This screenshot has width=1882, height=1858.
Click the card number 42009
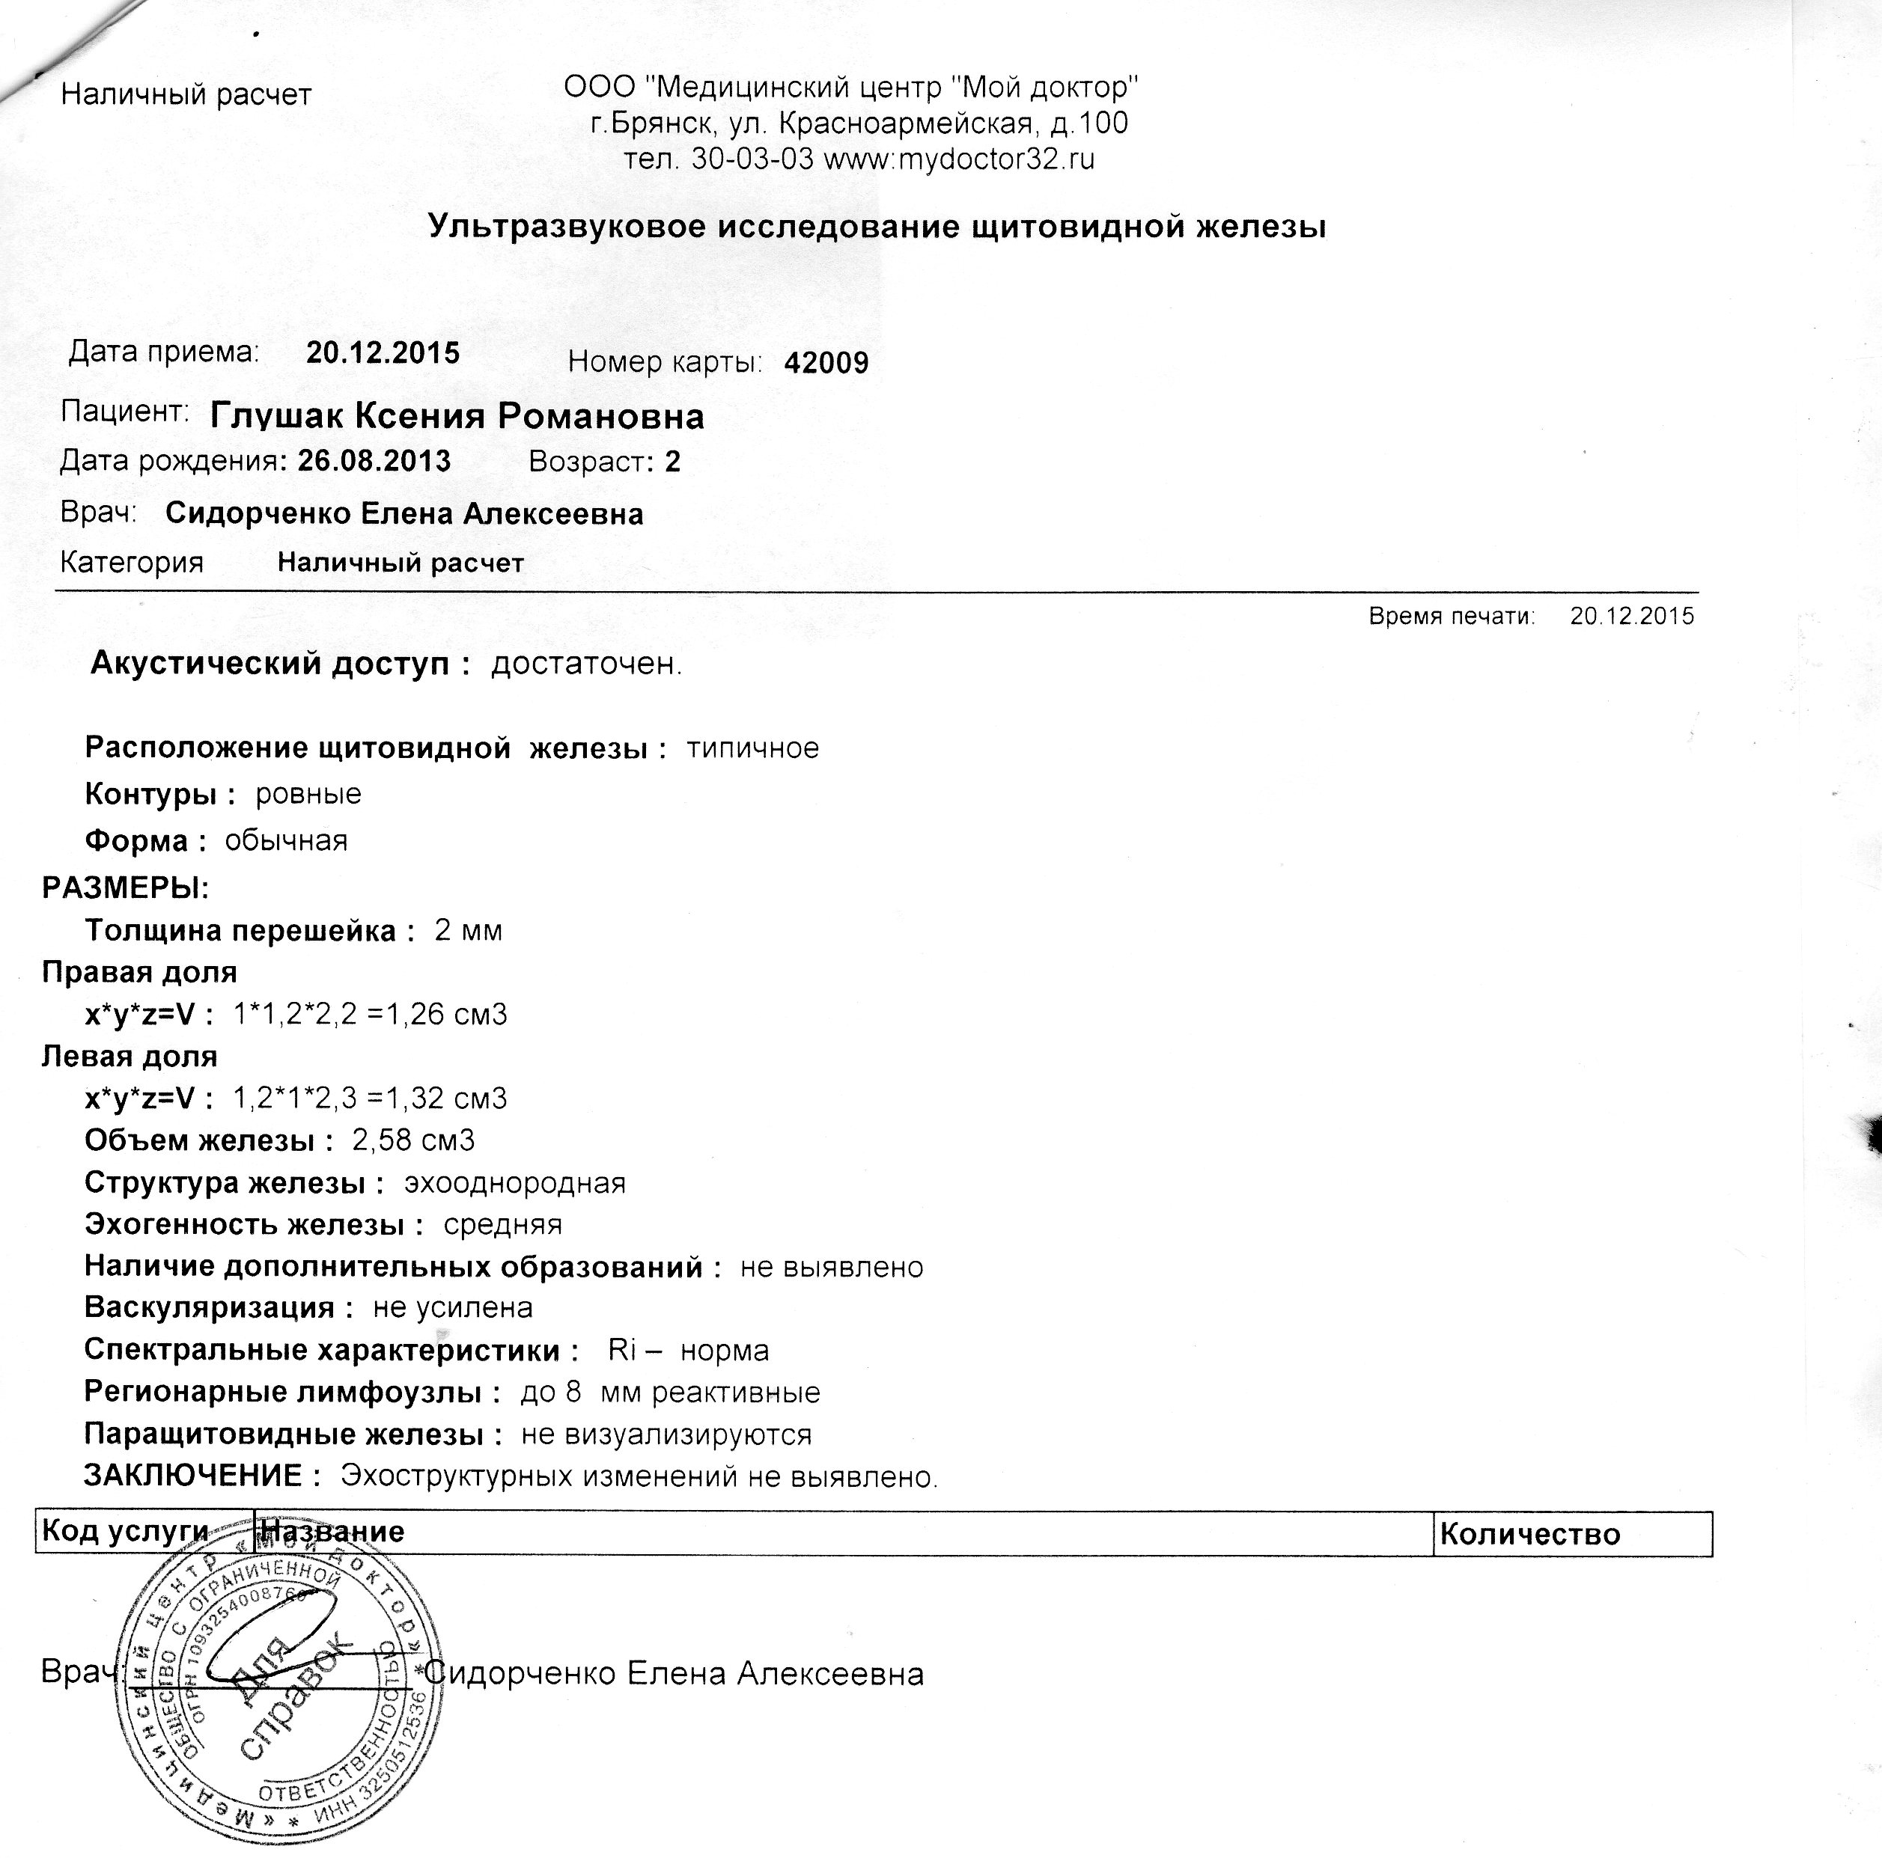coord(826,363)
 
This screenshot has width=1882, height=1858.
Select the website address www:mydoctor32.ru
coord(960,159)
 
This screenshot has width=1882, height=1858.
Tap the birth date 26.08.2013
coord(374,461)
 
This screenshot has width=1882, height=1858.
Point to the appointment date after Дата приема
coord(383,352)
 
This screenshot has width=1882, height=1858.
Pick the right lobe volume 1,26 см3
coord(447,1015)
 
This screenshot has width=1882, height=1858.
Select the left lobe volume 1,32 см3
coord(447,1098)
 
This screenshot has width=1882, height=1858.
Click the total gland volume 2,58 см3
coord(414,1140)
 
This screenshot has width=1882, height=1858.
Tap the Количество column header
coord(1529,1535)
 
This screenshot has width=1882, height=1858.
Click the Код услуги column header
coord(125,1532)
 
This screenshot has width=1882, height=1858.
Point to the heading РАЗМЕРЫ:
coord(126,888)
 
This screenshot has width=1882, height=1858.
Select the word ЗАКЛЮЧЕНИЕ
coord(193,1476)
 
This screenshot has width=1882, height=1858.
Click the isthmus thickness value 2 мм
coord(469,931)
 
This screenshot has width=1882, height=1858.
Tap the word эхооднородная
coord(514,1183)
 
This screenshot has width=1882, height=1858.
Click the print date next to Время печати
coord(1632,617)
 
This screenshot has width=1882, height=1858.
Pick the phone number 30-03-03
coord(752,159)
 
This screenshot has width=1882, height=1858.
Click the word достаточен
coord(586,664)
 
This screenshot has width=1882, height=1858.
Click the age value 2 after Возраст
coord(672,462)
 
